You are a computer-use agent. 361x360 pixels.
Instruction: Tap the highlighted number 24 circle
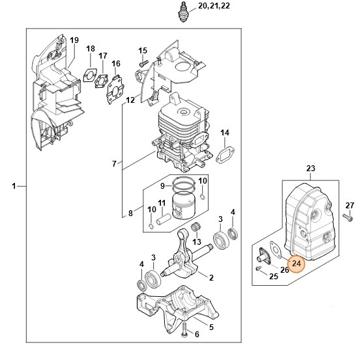[296, 264]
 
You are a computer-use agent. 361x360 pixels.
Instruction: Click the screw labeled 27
[351, 219]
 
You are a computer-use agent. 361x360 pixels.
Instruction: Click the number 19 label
[74, 40]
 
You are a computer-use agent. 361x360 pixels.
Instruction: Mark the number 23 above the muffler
[310, 169]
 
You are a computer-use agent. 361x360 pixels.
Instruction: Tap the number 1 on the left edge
[14, 187]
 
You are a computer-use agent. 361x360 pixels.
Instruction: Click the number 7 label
[113, 163]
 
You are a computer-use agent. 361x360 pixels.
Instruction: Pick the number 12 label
[130, 100]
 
